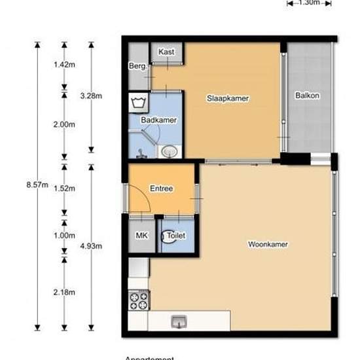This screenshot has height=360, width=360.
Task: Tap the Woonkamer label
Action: [x=268, y=245]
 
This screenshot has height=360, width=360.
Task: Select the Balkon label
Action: [x=307, y=96]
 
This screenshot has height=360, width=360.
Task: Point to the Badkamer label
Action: [x=158, y=120]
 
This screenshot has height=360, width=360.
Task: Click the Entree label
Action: [x=161, y=189]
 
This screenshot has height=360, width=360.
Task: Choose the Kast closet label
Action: [x=166, y=52]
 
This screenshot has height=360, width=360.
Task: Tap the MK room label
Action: [x=141, y=235]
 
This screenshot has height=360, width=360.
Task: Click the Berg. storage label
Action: [x=137, y=66]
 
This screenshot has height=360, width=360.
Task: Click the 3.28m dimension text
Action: [x=90, y=96]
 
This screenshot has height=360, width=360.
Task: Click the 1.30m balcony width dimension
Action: [x=308, y=3]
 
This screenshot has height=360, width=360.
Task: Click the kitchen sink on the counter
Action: [x=178, y=321]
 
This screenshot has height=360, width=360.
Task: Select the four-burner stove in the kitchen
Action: [x=139, y=300]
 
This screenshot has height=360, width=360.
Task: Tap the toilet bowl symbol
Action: [x=170, y=236]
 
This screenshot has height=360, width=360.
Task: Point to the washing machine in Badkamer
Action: [x=138, y=103]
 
